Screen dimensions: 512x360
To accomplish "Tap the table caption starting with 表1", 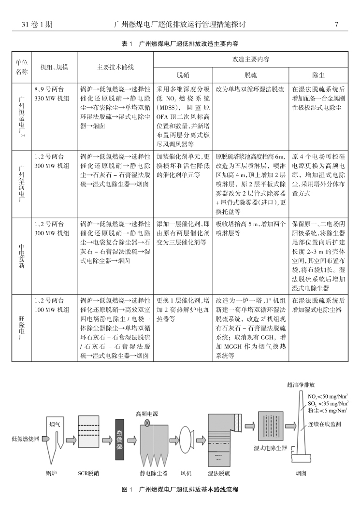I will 179,43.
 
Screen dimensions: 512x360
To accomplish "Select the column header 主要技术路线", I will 115,68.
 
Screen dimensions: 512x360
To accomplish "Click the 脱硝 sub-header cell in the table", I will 183,75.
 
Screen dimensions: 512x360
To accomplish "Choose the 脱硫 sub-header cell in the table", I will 250,75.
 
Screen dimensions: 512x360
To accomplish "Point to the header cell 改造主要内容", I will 250,59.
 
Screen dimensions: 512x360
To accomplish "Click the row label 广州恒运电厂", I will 21,116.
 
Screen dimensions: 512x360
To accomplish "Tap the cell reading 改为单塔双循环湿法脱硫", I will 250,89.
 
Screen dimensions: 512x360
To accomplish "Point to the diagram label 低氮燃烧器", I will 26,439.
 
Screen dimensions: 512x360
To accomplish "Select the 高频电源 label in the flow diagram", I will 147,414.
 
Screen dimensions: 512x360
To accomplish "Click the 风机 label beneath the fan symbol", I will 187,473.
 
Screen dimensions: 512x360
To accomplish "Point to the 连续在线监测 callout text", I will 324,424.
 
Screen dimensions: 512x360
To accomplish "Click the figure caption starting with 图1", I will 180,489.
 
